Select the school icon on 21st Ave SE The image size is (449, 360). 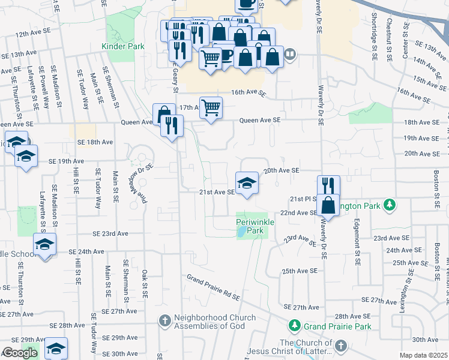(x=246, y=183)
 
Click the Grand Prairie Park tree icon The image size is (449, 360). (x=294, y=326)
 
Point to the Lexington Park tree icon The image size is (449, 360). (x=390, y=205)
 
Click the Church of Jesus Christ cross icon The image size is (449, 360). (x=340, y=346)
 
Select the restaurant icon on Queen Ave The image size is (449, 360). (x=172, y=125)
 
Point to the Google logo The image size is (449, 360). (x=19, y=353)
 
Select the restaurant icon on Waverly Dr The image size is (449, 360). (x=328, y=186)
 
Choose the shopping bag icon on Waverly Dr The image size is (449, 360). (x=328, y=205)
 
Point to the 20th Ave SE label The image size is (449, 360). (x=281, y=170)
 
